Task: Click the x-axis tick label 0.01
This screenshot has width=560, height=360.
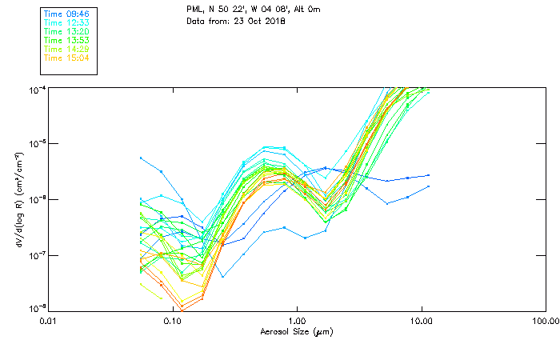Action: [x=49, y=322]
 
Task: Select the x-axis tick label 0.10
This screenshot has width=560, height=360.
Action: [x=173, y=322]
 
